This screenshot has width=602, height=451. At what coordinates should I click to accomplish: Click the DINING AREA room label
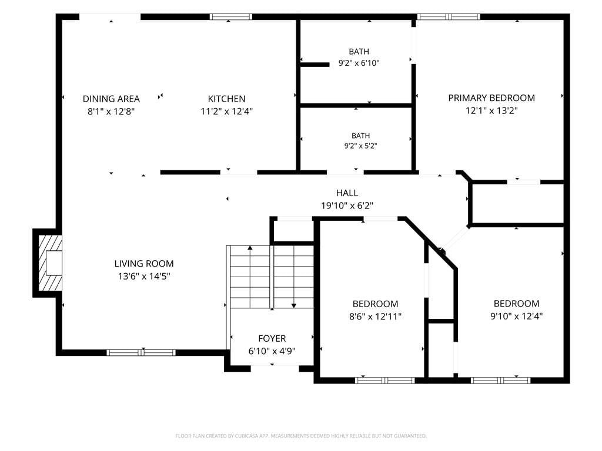point(111,99)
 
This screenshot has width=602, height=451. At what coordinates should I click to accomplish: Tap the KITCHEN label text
point(226,99)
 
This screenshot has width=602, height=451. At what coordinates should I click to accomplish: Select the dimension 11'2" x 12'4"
point(226,112)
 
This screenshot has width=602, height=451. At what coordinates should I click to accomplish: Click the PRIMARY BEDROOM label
point(491,98)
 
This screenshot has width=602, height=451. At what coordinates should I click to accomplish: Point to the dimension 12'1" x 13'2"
point(491,111)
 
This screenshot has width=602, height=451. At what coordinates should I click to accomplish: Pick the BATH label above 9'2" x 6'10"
point(359,52)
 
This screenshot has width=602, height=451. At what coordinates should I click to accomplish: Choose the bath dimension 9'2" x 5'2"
point(360,146)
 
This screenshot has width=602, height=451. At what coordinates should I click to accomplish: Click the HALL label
point(347,193)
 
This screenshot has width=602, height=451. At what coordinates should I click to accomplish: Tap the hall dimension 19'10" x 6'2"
point(347,206)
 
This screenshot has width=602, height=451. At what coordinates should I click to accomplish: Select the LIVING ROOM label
point(144,264)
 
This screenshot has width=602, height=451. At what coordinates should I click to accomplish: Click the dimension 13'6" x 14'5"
point(144,276)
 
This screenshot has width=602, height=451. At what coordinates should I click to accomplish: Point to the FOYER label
point(272,339)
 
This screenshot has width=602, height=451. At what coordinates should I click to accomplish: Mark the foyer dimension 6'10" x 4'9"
point(272,351)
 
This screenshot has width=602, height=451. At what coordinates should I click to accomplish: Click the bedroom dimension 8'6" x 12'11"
point(375,317)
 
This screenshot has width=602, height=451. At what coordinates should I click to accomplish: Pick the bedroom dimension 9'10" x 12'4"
point(516,316)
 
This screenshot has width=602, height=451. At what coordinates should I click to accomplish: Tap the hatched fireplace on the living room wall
point(50,262)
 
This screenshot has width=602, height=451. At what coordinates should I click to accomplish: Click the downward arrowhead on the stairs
point(294,305)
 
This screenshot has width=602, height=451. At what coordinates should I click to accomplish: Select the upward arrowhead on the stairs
point(250,248)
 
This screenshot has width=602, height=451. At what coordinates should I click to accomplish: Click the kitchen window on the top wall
point(230,17)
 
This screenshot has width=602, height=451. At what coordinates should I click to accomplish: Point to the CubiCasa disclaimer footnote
point(301,436)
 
